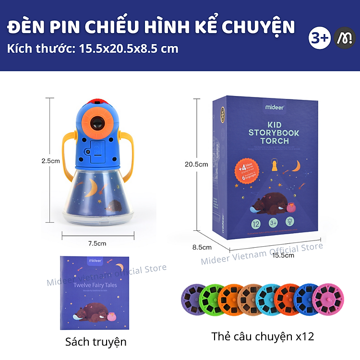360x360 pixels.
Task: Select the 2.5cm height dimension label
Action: point(50,161)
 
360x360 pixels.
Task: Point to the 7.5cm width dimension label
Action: point(97,243)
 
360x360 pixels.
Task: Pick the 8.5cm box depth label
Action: point(202,247)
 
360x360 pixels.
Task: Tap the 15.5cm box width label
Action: point(284,255)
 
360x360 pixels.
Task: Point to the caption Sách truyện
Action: point(96,342)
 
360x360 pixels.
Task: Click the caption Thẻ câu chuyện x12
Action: point(263,336)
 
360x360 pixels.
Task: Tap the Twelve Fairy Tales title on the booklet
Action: point(95,285)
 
